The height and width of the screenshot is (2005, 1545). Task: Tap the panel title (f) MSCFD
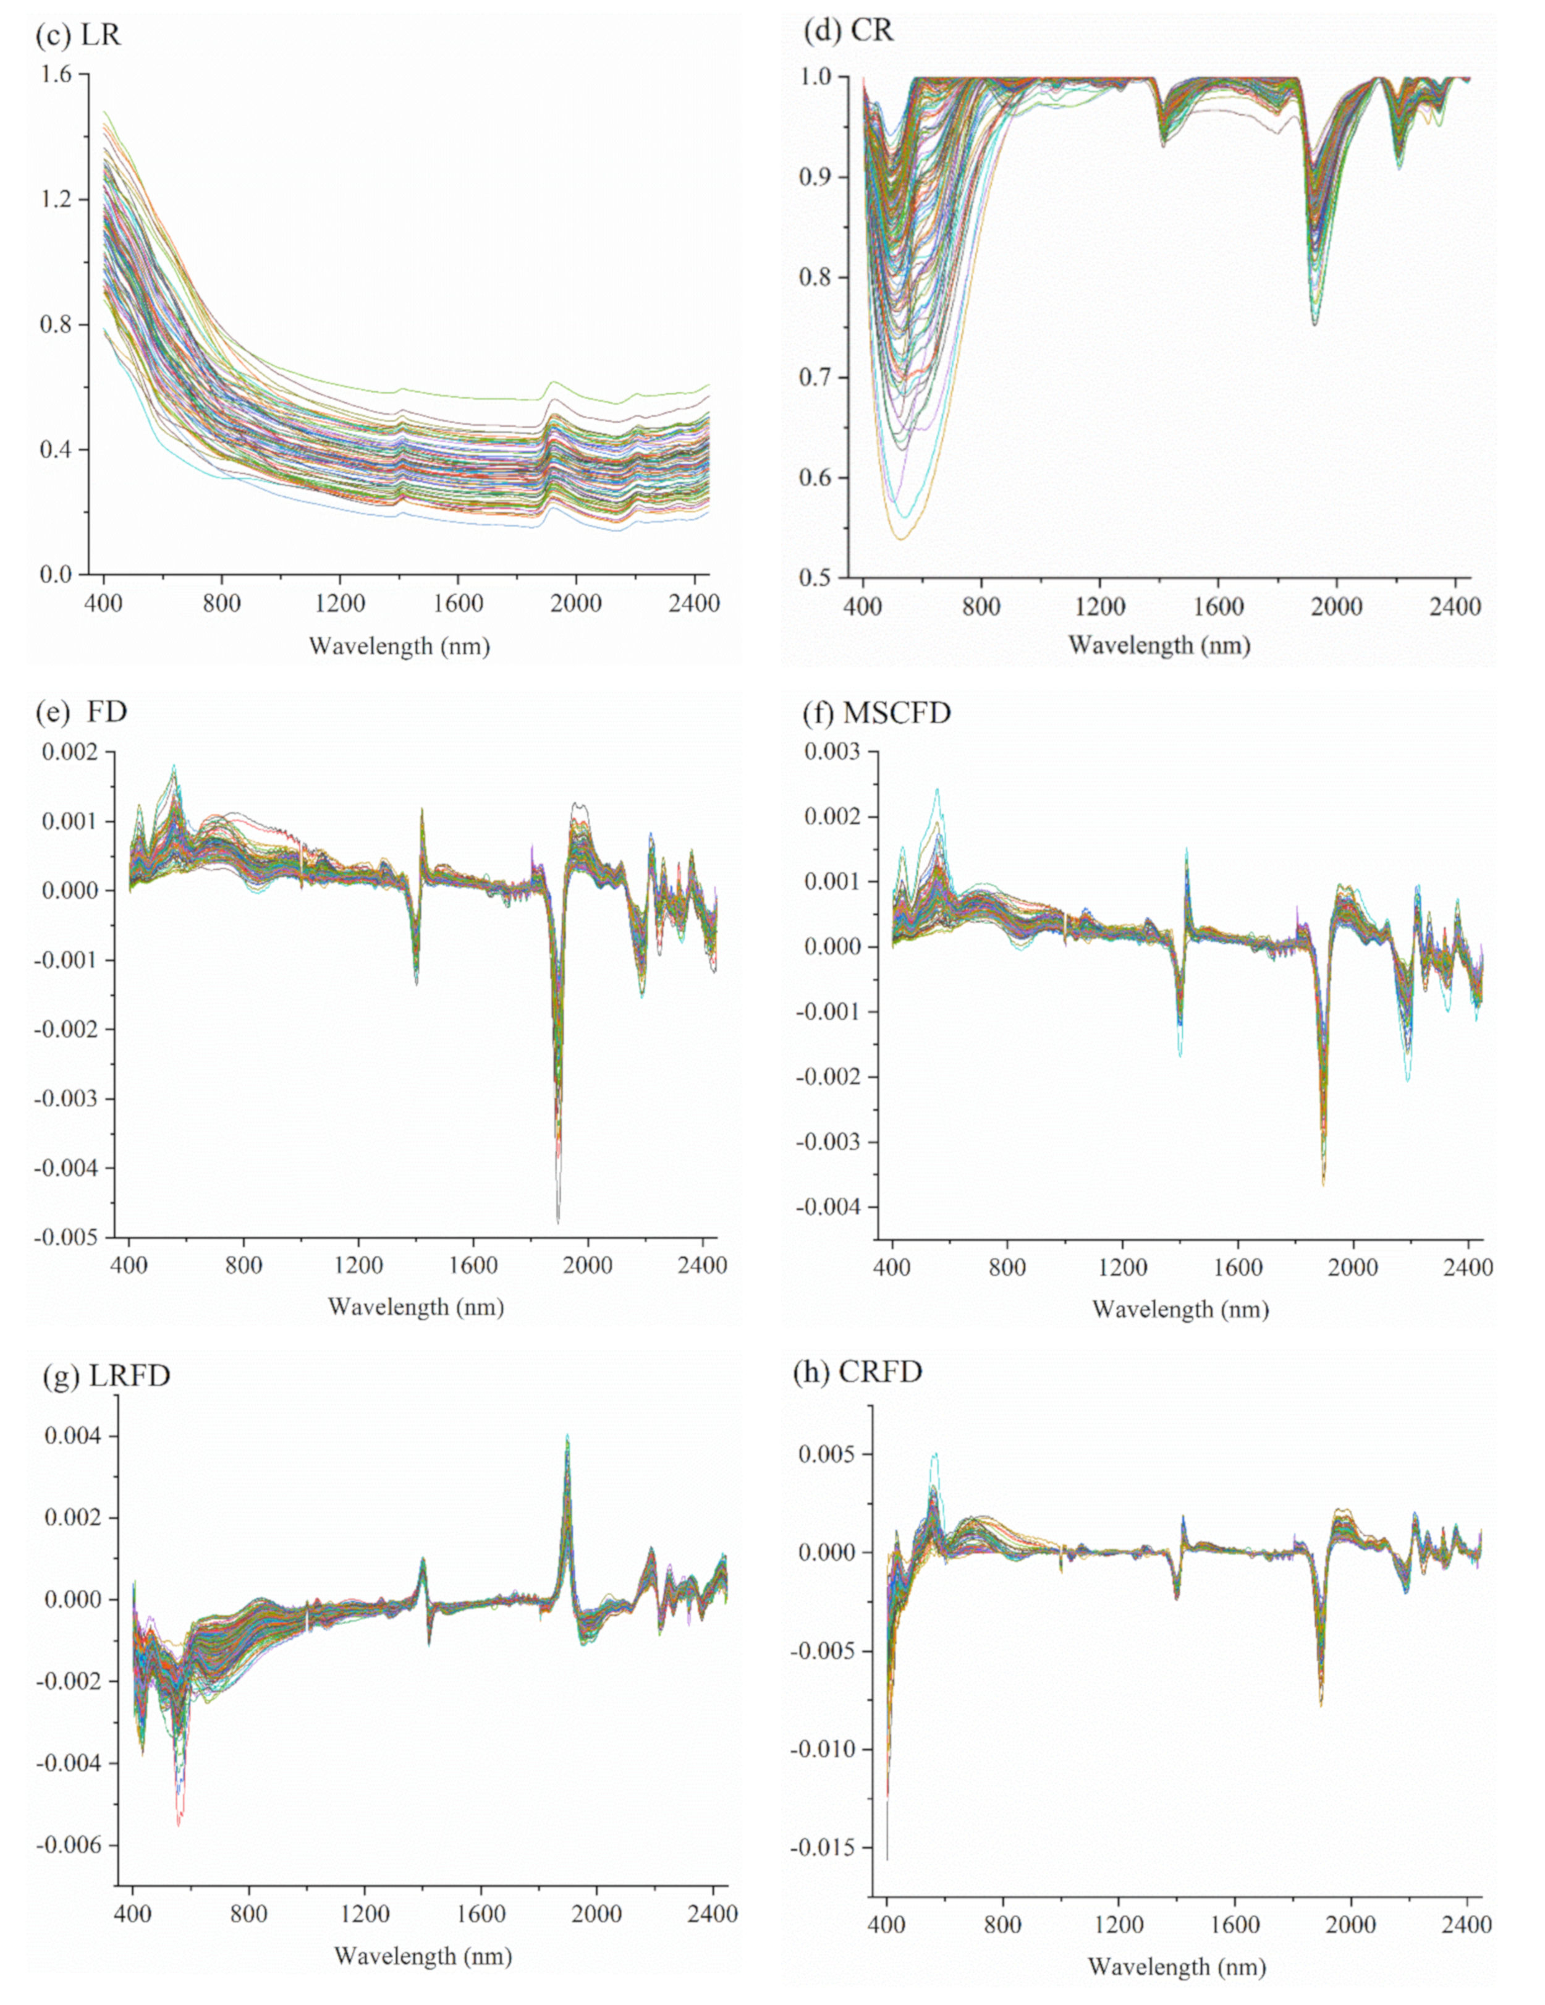tap(876, 713)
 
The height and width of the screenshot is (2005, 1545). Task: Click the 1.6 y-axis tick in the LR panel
tap(54, 74)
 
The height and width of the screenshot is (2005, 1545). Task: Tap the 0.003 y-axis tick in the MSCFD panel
tap(832, 752)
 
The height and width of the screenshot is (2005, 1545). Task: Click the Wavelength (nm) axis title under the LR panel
tap(399, 646)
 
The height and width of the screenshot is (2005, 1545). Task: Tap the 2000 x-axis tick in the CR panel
tap(1335, 607)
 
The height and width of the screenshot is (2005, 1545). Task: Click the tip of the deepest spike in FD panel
tap(558, 1222)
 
